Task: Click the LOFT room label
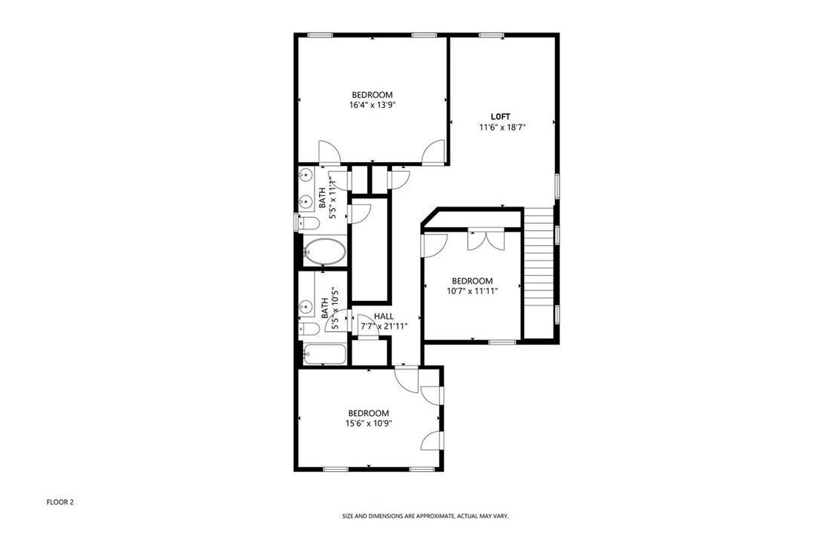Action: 500,116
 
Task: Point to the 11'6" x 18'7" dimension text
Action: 502,127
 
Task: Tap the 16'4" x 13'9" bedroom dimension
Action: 372,105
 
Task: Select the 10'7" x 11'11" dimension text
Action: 472,291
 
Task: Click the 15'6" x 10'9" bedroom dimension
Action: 369,423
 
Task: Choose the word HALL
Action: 384,316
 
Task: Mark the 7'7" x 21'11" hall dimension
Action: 384,327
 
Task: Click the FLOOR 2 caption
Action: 60,502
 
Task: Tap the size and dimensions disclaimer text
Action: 425,517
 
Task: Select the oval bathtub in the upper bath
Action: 324,252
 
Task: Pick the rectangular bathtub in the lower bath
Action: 324,354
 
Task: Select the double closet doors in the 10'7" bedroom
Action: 486,239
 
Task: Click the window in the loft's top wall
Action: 492,35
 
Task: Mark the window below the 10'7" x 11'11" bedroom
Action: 502,342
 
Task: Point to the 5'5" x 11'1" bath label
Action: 327,196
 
